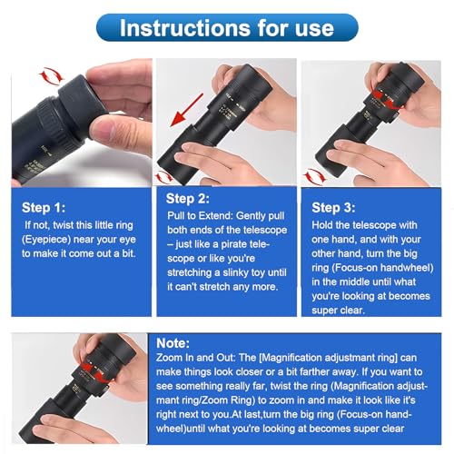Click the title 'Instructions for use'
pos(227,28)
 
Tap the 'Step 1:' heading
pos(44,208)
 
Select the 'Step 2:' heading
pos(188,199)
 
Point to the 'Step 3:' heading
pos(333,208)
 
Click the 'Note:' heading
pos(173,343)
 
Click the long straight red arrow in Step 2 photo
pos(187,110)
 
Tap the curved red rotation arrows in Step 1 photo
pos(52,76)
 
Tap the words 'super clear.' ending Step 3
pos(338,311)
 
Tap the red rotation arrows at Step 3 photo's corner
pos(315,175)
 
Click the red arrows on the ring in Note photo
pos(93,370)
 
